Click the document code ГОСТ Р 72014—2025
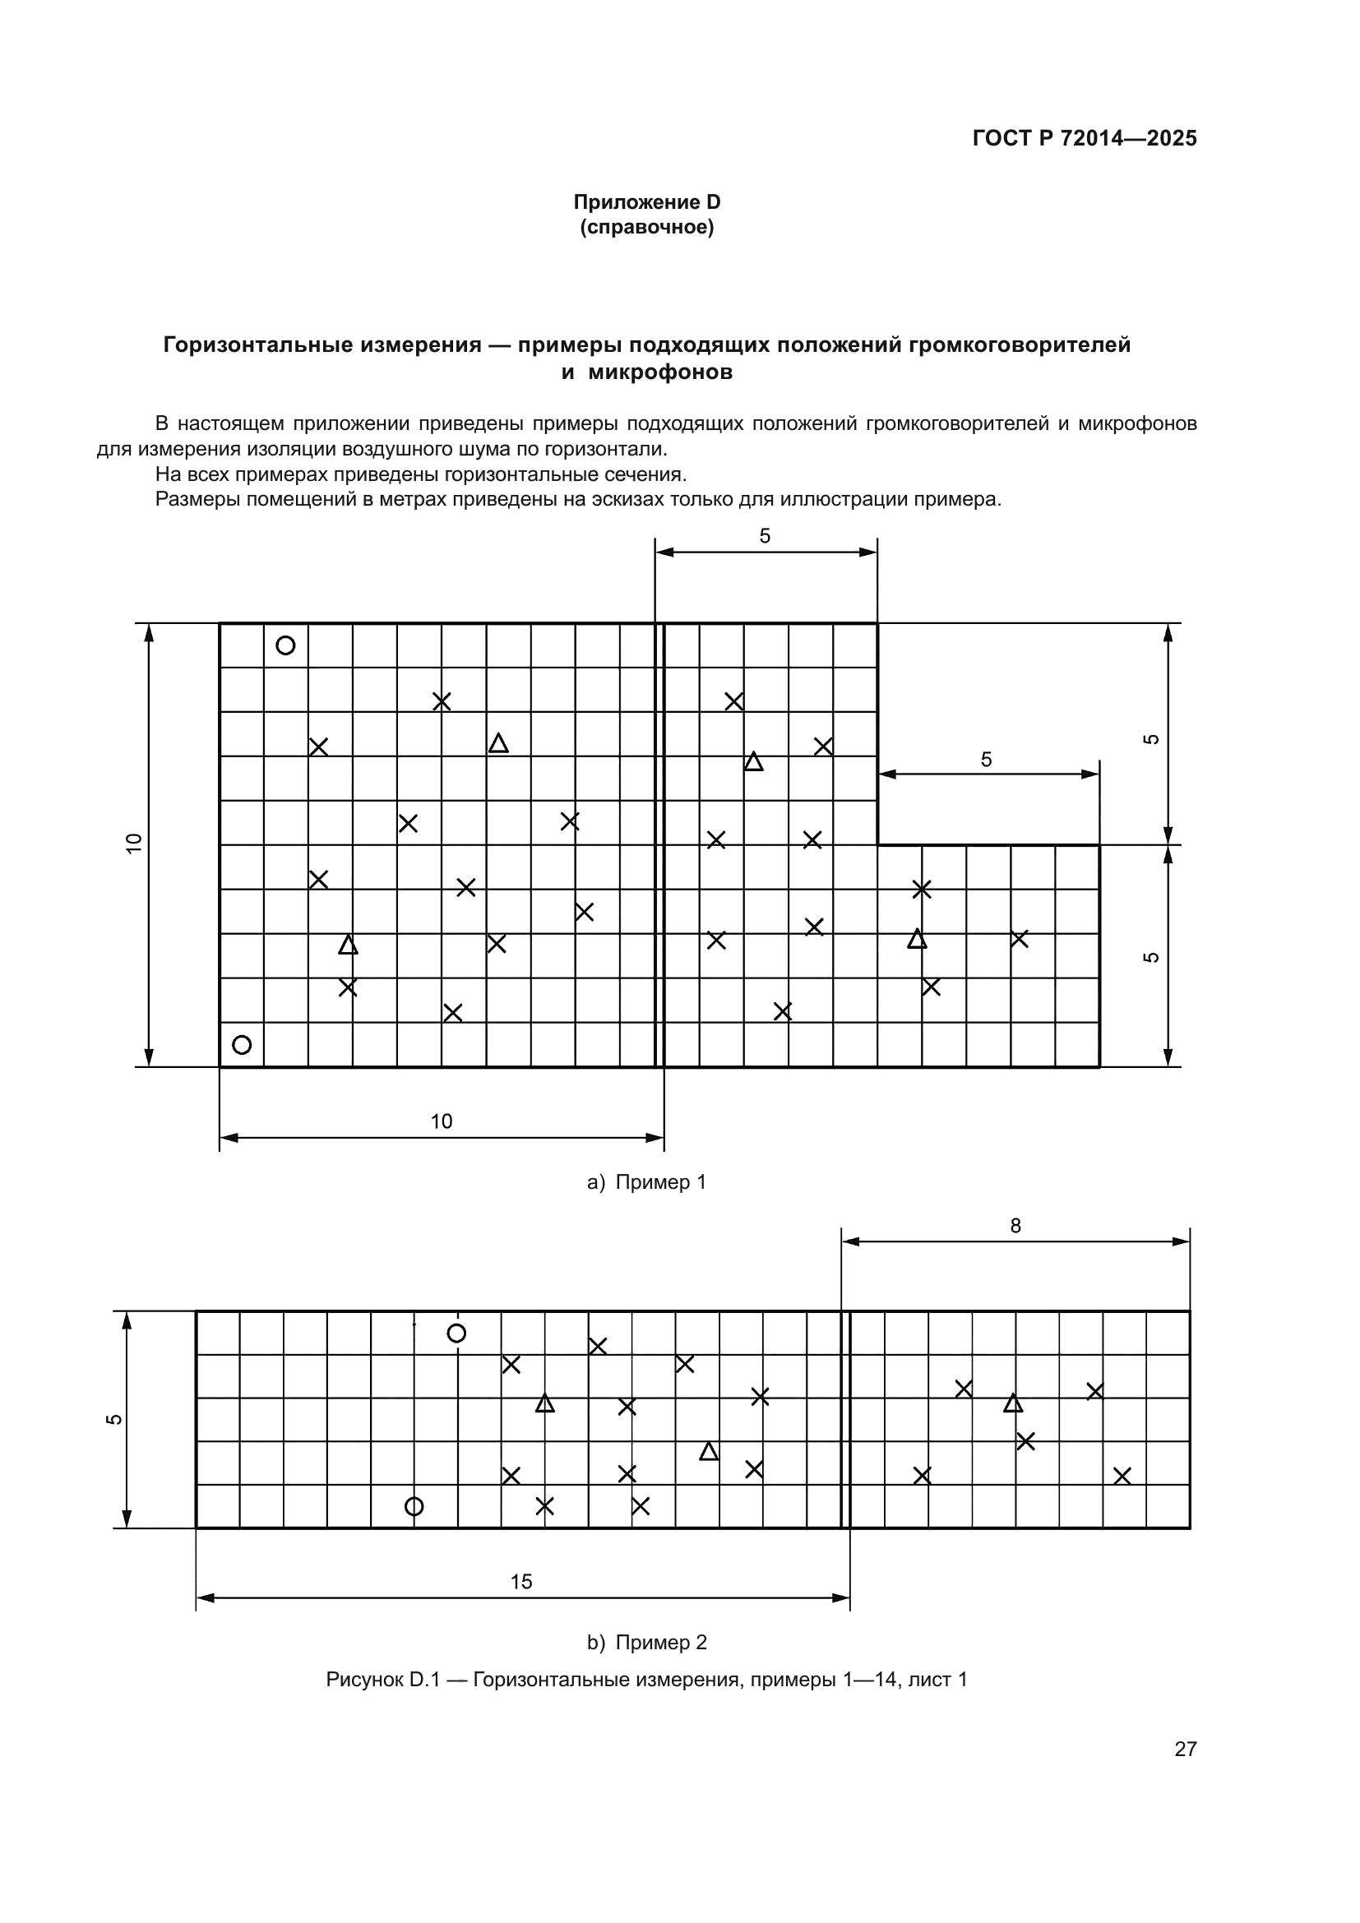1085,138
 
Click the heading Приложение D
646,202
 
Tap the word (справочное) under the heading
646,227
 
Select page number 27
1185,1749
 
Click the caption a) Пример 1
646,1181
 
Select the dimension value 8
1015,1226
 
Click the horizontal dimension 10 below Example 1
442,1121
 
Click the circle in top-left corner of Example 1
285,645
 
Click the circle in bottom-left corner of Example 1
242,1045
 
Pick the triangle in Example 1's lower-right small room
917,939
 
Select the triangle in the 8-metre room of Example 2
1013,1403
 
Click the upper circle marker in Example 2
456,1334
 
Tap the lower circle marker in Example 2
414,1507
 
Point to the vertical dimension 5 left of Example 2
114,1420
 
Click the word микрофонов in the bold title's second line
660,372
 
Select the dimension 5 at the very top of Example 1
765,536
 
